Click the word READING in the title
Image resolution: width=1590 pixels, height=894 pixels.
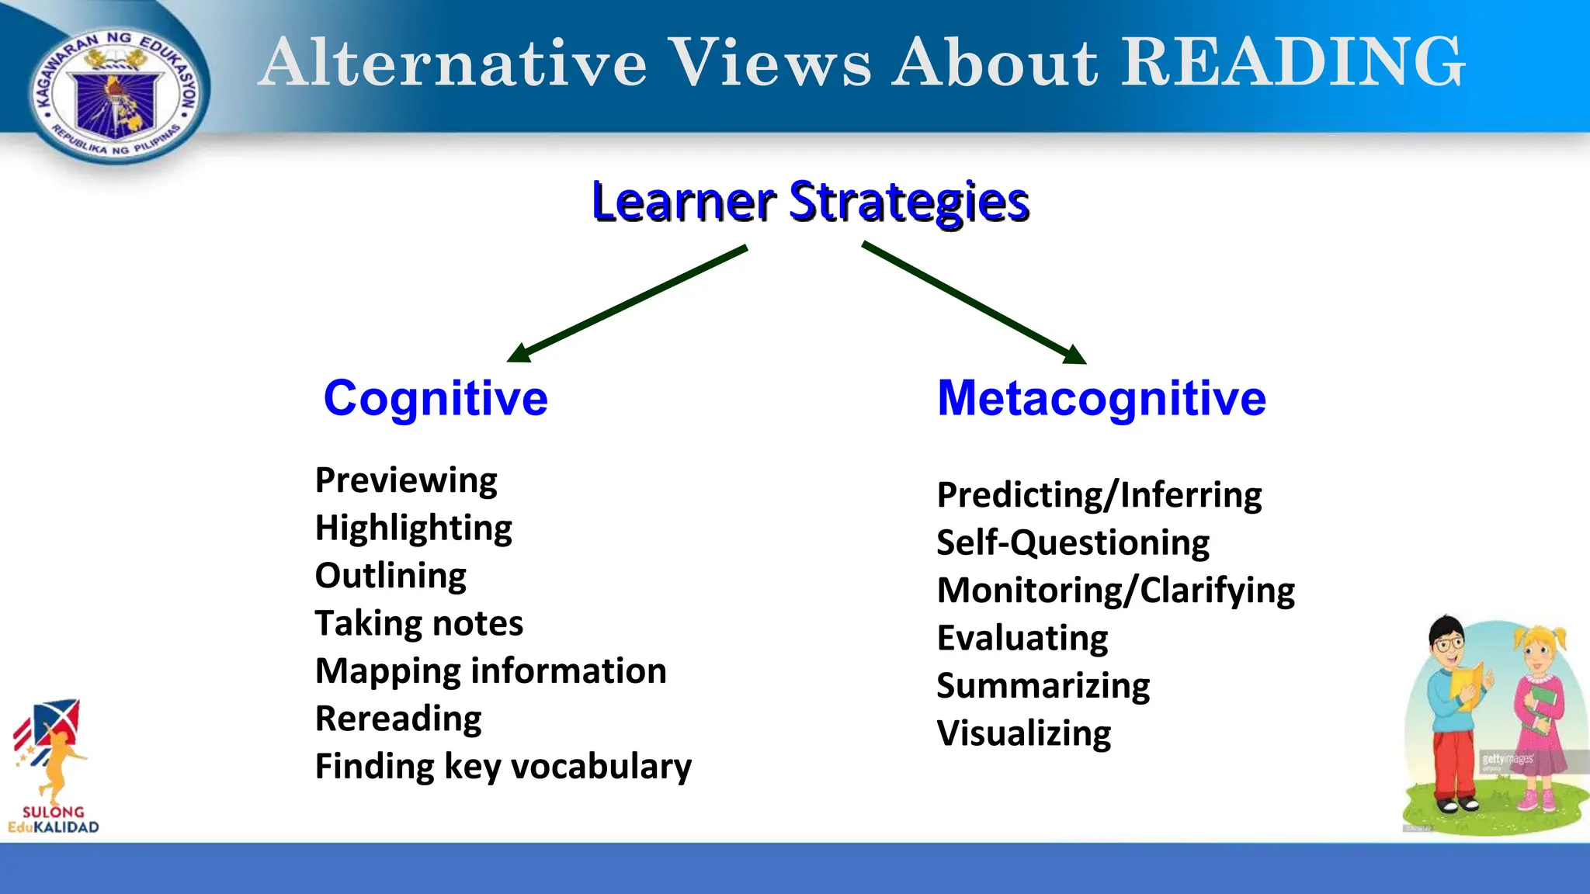click(x=1293, y=62)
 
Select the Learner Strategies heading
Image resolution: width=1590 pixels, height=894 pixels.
click(x=810, y=202)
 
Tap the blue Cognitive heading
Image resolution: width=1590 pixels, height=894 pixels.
click(x=436, y=398)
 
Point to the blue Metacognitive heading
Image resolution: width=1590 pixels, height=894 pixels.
click(x=1102, y=398)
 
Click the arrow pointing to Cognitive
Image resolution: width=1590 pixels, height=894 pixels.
click(x=627, y=303)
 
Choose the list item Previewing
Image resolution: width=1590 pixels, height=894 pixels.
click(x=406, y=480)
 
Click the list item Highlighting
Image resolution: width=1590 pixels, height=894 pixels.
click(x=413, y=528)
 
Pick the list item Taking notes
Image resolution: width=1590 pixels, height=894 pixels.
click(x=418, y=623)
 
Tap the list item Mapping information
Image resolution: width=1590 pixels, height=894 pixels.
click(x=491, y=671)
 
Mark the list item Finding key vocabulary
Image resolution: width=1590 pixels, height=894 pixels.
click(x=503, y=767)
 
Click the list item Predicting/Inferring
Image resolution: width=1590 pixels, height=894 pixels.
click(x=1099, y=495)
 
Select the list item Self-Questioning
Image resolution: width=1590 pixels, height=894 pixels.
click(x=1072, y=542)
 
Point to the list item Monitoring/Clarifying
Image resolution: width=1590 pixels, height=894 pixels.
click(x=1116, y=591)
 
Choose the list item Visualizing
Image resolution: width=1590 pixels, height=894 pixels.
click(x=1023, y=733)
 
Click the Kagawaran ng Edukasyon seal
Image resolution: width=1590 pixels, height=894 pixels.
click(x=115, y=95)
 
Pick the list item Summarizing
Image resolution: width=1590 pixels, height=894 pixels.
click(x=1043, y=686)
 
